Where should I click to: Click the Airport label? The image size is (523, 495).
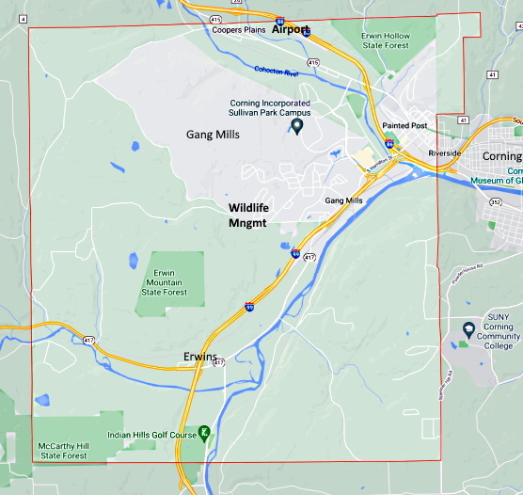tap(290, 29)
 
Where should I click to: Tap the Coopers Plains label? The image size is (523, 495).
tap(238, 29)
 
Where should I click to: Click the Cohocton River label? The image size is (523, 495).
tap(276, 71)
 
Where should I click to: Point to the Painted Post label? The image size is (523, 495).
tap(404, 126)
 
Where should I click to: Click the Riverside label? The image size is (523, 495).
tap(443, 152)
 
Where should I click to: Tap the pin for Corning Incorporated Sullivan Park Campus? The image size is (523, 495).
tap(297, 125)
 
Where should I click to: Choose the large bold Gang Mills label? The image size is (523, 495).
tap(213, 135)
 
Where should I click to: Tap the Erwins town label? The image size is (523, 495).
tap(200, 357)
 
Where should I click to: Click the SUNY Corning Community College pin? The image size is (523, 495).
tap(468, 329)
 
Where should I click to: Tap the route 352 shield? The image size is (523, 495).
tap(496, 201)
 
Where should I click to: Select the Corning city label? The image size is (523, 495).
tap(501, 156)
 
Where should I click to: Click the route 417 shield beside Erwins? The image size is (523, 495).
tap(218, 361)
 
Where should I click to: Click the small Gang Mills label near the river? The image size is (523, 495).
tap(343, 200)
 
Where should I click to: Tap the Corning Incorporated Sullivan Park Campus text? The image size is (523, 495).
tap(270, 108)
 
